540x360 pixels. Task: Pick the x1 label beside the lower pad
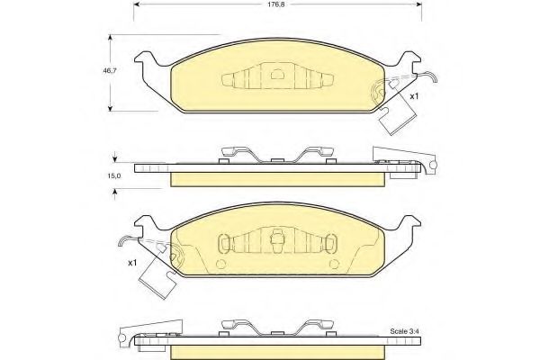[131, 262]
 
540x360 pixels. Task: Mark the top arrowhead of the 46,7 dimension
[112, 38]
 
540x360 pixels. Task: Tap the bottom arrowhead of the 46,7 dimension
[112, 106]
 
